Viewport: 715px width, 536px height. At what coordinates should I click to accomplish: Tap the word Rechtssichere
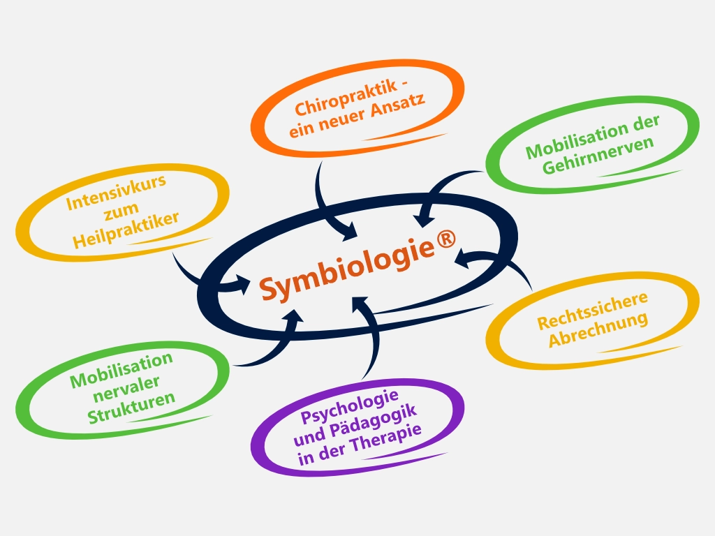point(592,311)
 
